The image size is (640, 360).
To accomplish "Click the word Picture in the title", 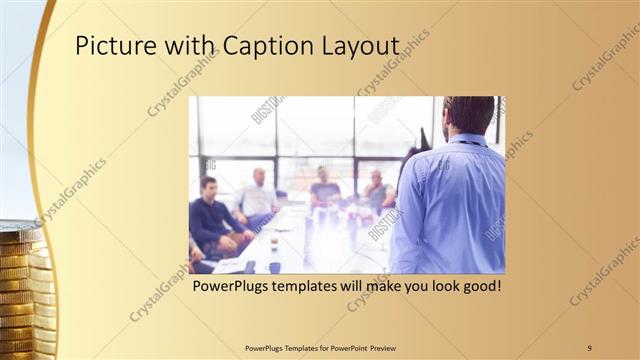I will (113, 47).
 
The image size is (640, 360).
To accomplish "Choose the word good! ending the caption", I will (478, 287).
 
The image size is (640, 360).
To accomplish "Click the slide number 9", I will (590, 347).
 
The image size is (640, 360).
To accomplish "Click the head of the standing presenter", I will (469, 113).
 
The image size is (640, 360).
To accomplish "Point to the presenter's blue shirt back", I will (450, 210).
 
